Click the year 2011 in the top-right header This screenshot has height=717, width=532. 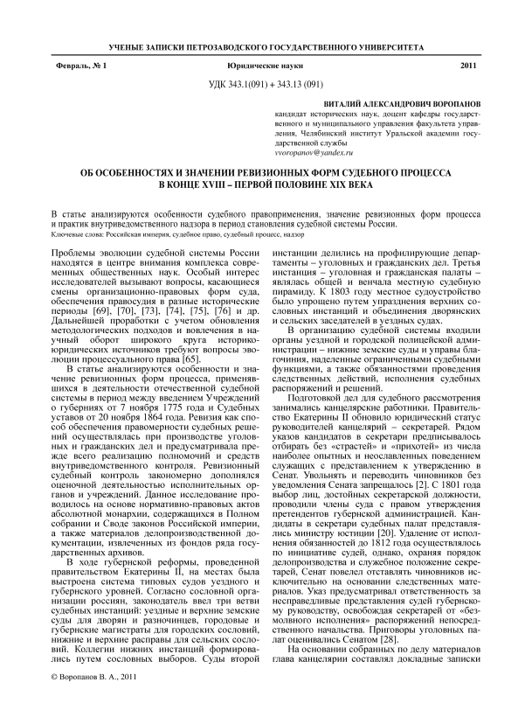pos(468,66)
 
